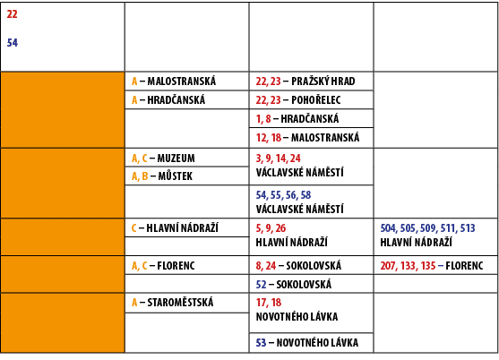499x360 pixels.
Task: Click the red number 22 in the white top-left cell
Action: [x=12, y=14]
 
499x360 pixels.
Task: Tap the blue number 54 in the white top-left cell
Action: [x=12, y=42]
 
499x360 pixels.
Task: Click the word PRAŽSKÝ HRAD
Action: [x=323, y=81]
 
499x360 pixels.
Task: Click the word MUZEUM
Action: [x=176, y=158]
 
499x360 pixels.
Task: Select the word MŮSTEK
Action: [x=175, y=176]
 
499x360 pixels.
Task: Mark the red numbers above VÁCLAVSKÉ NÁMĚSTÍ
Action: [x=278, y=158]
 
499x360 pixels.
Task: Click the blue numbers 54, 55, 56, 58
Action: [x=283, y=194]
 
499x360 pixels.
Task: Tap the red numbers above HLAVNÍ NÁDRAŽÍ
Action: [x=271, y=227]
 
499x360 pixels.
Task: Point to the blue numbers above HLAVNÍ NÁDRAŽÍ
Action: [x=427, y=227]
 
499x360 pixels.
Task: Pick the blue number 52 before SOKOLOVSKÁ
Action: [x=261, y=284]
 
